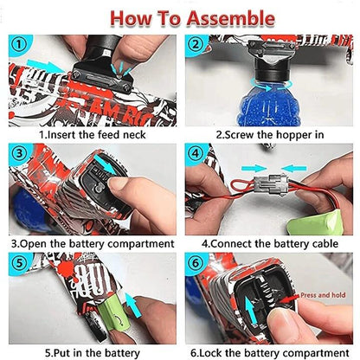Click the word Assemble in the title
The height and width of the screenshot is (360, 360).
[230, 18]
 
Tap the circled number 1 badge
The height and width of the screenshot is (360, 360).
[19, 45]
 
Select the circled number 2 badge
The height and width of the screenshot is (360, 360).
[196, 45]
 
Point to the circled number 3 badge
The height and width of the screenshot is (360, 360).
[19, 153]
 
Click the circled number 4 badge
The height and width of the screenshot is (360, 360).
[196, 153]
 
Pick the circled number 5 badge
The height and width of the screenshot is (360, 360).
[19, 262]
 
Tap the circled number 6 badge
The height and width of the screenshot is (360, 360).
[196, 263]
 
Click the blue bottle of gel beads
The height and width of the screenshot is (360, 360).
[269, 103]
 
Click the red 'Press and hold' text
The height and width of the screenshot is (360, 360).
[323, 295]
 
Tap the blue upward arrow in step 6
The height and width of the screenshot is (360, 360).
[250, 311]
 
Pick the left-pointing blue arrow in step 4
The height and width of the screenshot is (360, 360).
[294, 169]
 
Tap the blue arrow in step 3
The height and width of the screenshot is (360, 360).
[105, 164]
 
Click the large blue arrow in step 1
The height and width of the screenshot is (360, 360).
[47, 66]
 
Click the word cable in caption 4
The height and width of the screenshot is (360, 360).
[325, 244]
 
